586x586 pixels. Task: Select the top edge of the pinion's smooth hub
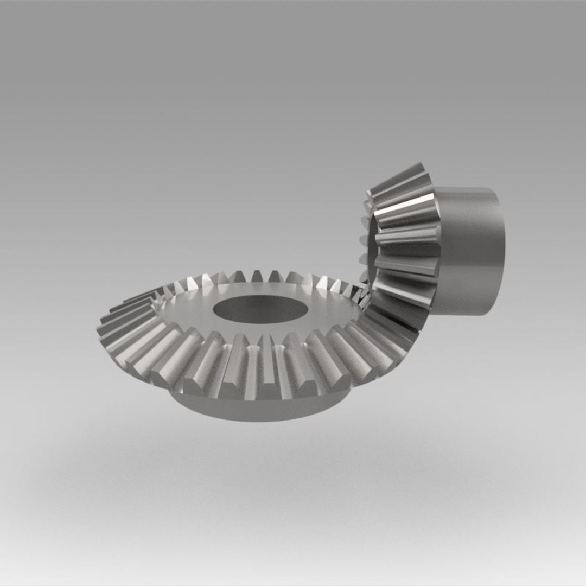[467, 189]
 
